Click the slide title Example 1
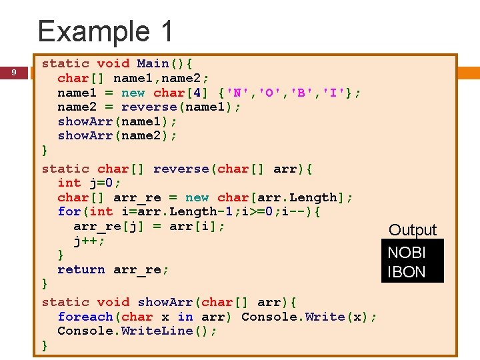tap(105, 31)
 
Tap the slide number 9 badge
tap(13, 72)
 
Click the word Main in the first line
tap(153, 64)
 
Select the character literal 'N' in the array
tap(230, 93)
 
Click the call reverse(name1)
tap(181, 107)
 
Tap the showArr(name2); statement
tap(117, 135)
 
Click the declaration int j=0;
tap(89, 183)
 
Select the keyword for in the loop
tap(69, 212)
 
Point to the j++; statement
tap(89, 241)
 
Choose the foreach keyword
tap(85, 317)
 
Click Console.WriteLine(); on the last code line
tap(137, 331)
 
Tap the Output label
tap(413, 230)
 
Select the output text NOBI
tap(407, 253)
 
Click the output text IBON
tap(407, 272)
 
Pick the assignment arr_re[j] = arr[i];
tap(149, 226)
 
